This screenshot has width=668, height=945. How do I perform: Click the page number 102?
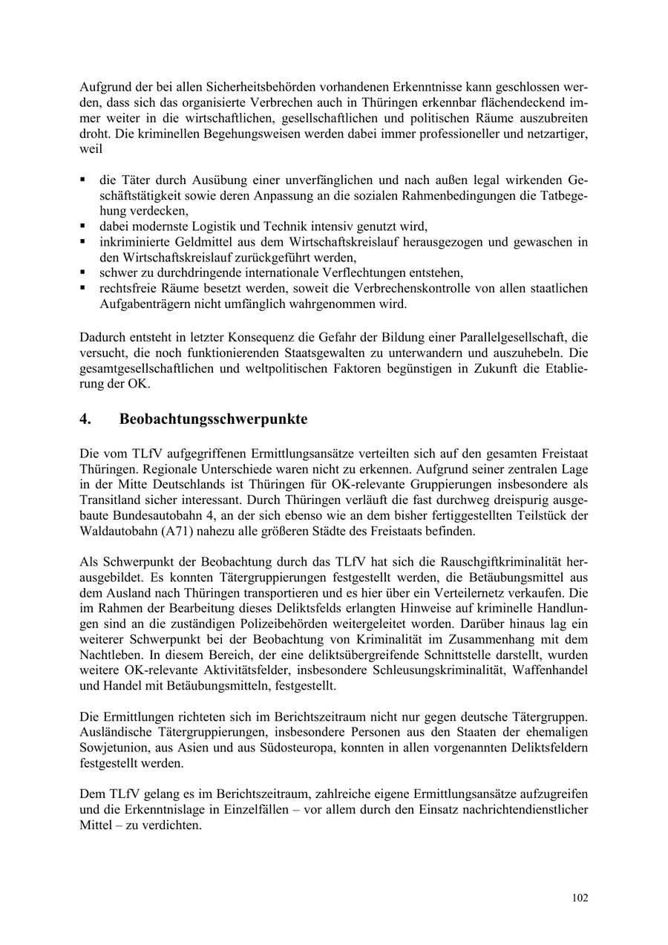click(580, 897)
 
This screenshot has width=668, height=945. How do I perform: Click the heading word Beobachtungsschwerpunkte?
click(213, 419)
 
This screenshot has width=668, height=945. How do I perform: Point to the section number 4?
click(85, 419)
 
